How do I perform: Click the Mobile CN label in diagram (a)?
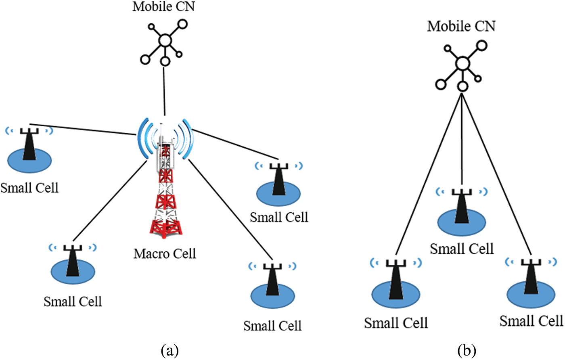(x=163, y=7)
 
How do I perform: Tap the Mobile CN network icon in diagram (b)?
(x=462, y=65)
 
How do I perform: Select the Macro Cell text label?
(x=165, y=254)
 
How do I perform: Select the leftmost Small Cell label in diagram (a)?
(x=29, y=188)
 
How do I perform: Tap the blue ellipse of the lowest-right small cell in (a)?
(x=273, y=298)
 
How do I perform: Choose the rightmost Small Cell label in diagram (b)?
(x=531, y=321)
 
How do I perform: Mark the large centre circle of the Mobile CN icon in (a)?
(x=165, y=40)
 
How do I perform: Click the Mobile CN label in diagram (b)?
(x=461, y=27)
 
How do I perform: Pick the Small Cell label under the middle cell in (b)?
(x=462, y=249)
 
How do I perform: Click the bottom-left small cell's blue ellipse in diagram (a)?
(x=73, y=272)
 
